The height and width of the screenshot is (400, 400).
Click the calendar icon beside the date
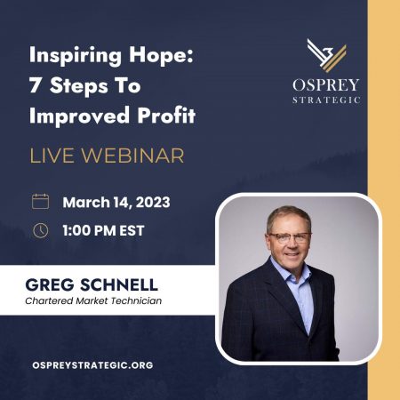click(x=41, y=202)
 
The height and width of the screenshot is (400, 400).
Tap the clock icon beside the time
click(x=41, y=230)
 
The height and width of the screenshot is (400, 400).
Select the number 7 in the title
click(x=35, y=85)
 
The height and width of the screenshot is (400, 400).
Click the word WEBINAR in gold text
click(x=132, y=156)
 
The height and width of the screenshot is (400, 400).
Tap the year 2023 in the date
click(x=153, y=203)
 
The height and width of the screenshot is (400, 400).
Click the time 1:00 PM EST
click(x=103, y=230)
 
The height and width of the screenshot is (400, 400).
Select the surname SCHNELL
click(x=119, y=284)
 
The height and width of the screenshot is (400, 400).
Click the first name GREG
click(x=50, y=284)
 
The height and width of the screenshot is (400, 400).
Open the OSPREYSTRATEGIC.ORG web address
click(x=92, y=365)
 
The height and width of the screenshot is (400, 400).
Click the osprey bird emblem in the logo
click(x=326, y=55)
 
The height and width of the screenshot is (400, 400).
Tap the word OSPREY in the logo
click(x=326, y=85)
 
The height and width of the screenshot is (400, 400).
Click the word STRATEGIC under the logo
click(x=326, y=100)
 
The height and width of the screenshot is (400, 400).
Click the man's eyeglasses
click(x=290, y=237)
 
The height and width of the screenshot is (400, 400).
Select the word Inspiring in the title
click(x=76, y=56)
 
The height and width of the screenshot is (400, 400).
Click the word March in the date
click(x=86, y=203)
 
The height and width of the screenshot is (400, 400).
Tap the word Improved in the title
click(x=79, y=116)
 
